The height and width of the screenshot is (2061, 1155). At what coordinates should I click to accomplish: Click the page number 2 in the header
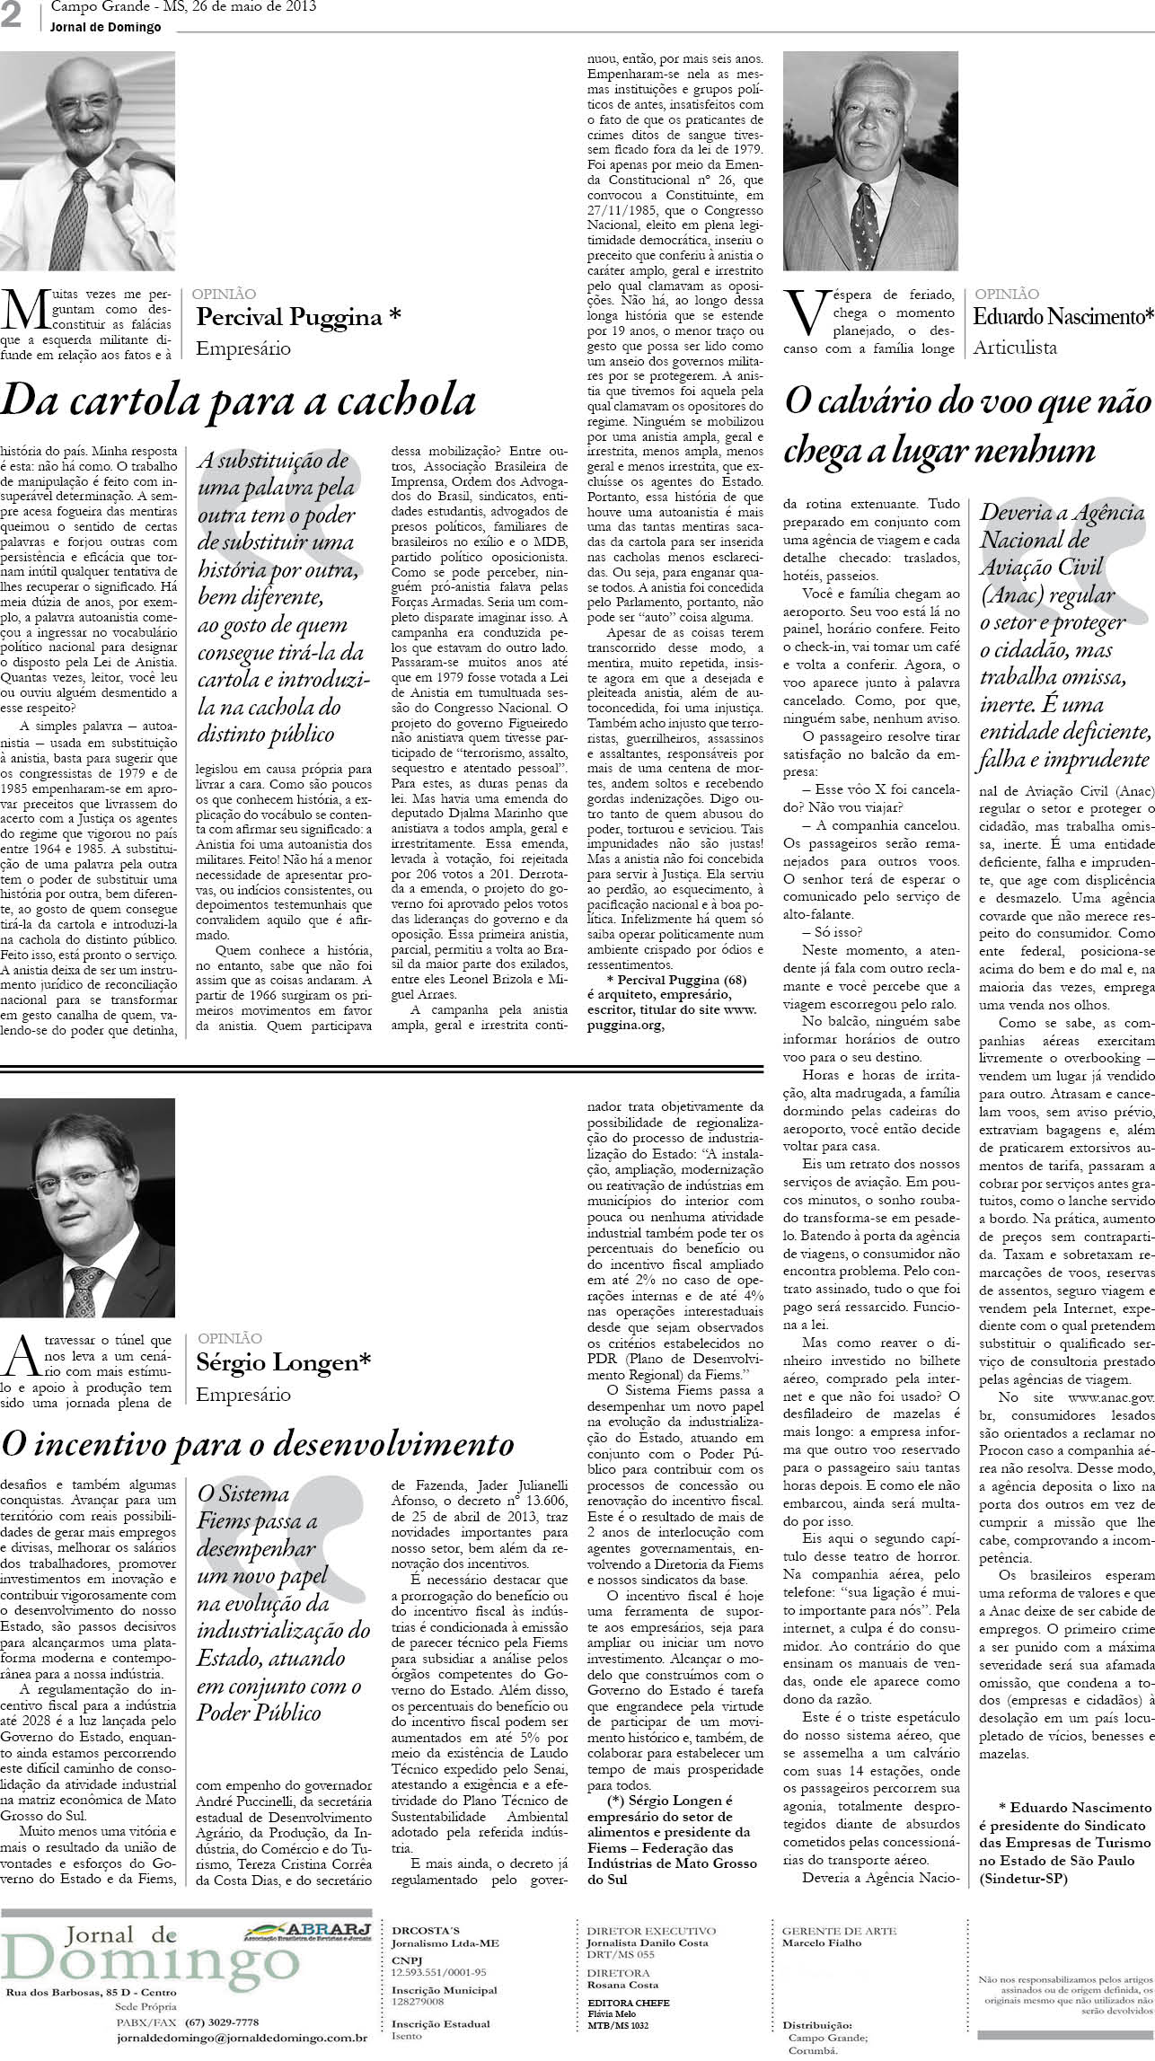pos(12,17)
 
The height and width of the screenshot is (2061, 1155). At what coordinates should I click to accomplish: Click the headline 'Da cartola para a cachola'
pos(238,401)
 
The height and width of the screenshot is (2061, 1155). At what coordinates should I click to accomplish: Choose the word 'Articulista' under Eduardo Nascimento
pos(1015,348)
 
